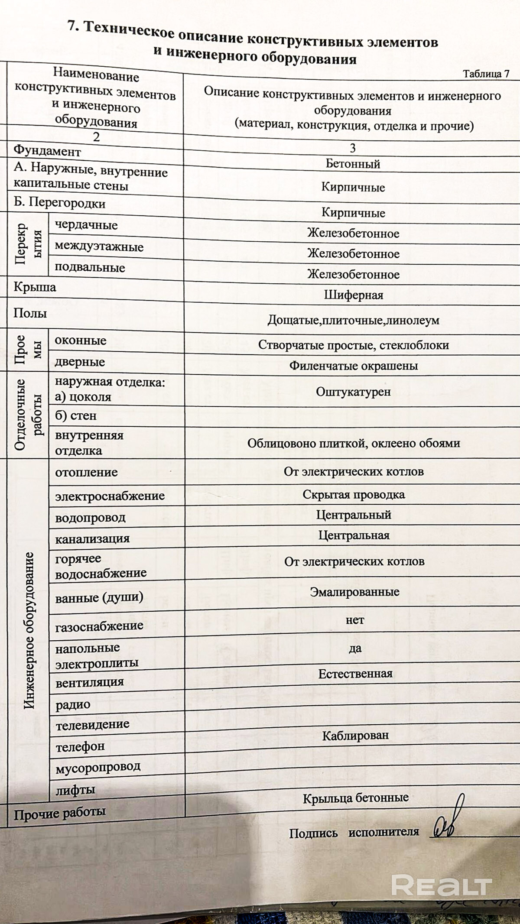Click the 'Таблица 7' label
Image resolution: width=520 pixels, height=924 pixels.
click(x=486, y=74)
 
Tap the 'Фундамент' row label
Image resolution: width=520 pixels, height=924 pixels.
click(x=47, y=151)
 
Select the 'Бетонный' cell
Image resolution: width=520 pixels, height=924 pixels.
click(x=353, y=164)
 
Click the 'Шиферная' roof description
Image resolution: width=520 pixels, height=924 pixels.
click(x=354, y=295)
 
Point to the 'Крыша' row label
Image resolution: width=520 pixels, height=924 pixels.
click(x=35, y=287)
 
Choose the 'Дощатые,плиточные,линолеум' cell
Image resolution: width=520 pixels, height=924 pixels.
click(x=353, y=320)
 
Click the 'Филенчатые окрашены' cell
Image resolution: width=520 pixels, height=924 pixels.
click(x=354, y=366)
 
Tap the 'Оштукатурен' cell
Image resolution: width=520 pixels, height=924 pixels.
click(x=353, y=392)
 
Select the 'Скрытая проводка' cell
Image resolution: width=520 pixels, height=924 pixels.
click(x=354, y=494)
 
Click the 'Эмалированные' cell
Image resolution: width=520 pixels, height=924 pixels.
click(x=354, y=591)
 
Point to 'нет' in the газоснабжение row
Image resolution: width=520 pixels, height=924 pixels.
click(x=354, y=620)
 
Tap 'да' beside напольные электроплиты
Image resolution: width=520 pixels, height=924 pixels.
click(x=355, y=648)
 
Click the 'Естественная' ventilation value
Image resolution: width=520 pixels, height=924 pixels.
click(x=355, y=674)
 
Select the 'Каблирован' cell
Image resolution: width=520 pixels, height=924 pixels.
click(x=355, y=735)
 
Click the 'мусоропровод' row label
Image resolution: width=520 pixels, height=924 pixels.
click(x=98, y=767)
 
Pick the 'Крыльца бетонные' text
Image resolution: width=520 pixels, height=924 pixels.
click(x=355, y=798)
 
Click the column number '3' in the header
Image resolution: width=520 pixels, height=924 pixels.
click(x=352, y=148)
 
